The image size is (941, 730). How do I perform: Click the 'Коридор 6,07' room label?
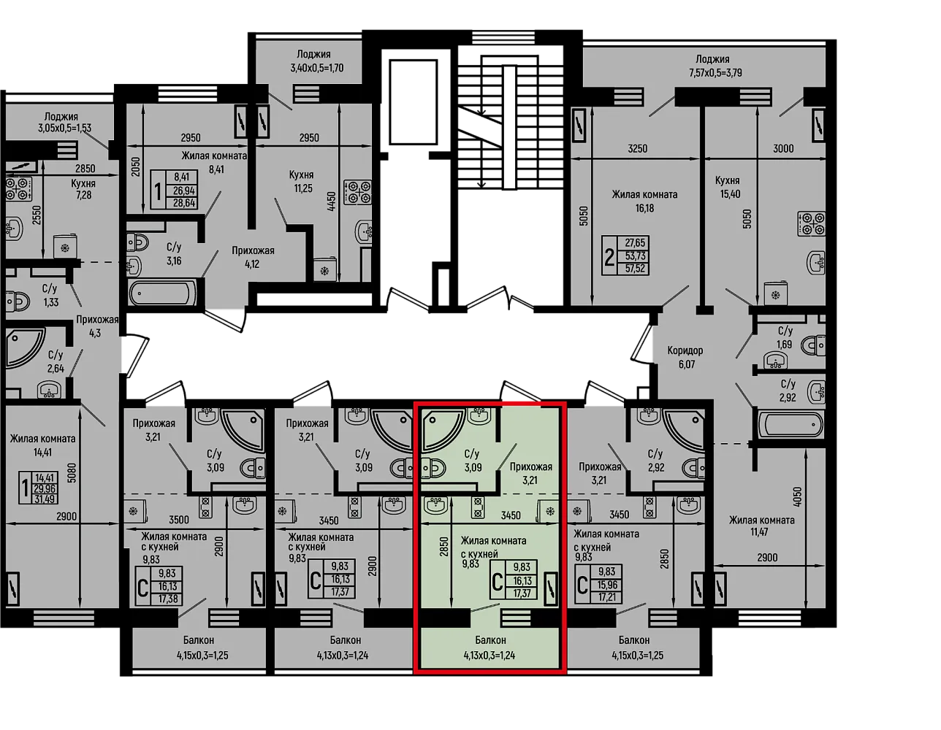pyautogui.click(x=685, y=357)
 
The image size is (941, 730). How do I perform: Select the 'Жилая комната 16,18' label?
pyautogui.click(x=644, y=201)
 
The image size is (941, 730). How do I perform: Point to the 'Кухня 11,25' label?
pyautogui.click(x=302, y=181)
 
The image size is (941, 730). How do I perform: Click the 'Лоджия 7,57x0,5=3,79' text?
pyautogui.click(x=715, y=66)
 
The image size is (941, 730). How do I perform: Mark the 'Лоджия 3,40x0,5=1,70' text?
pyautogui.click(x=316, y=61)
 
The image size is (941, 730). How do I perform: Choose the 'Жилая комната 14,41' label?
pyautogui.click(x=42, y=446)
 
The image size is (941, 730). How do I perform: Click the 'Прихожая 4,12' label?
pyautogui.click(x=253, y=257)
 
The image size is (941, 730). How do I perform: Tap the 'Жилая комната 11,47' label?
pyautogui.click(x=761, y=526)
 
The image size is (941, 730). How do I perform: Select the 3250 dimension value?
pyautogui.click(x=637, y=149)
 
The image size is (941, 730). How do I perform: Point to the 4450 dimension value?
pyautogui.click(x=331, y=201)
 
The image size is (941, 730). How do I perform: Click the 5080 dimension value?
pyautogui.click(x=72, y=473)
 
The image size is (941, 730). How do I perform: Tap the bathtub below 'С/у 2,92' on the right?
pyautogui.click(x=790, y=425)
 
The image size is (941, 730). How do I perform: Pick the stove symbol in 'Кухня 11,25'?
pyautogui.click(x=358, y=192)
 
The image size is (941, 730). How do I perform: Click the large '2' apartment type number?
pyautogui.click(x=609, y=258)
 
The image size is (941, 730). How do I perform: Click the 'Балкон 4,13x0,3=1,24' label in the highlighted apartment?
pyautogui.click(x=489, y=648)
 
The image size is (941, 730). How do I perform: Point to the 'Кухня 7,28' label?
pyautogui.click(x=83, y=188)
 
